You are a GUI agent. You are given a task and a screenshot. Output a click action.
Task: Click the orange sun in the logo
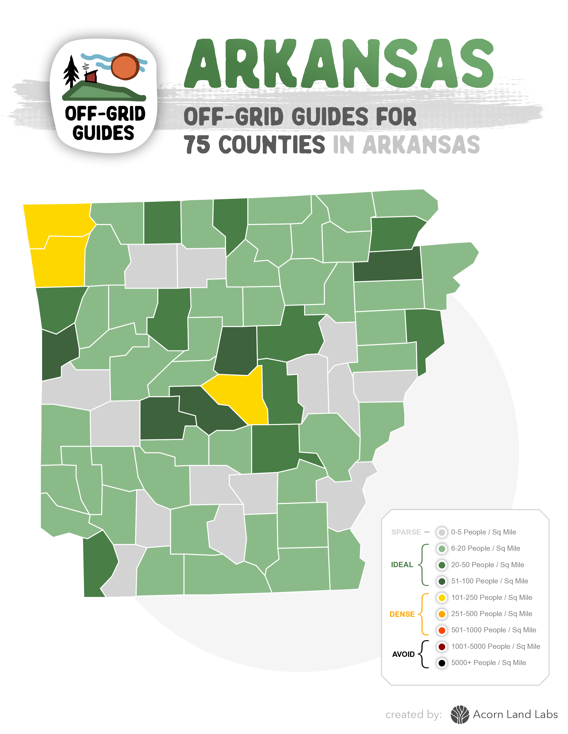125,67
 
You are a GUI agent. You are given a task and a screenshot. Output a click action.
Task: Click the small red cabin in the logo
91,77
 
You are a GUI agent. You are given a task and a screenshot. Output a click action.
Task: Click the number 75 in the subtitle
197,145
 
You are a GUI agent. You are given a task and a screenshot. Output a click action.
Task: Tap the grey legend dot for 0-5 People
442,532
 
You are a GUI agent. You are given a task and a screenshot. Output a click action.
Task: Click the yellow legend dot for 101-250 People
442,598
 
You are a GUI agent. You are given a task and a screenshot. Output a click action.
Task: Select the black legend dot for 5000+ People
442,663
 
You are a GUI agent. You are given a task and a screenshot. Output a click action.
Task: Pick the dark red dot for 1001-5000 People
442,647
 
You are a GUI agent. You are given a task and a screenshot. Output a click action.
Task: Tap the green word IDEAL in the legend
402,565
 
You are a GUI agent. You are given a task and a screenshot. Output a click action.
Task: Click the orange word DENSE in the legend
402,614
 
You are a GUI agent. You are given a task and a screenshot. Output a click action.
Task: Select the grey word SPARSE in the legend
406,532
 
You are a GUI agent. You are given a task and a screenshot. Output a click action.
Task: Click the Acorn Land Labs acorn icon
460,714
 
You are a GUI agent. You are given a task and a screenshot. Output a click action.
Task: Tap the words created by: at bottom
414,714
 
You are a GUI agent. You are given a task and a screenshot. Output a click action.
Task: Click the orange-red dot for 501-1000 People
442,630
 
